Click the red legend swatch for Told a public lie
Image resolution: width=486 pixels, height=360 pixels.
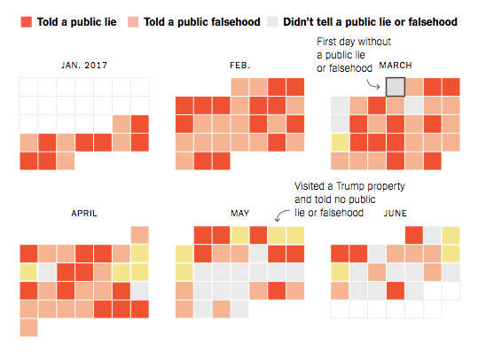tap(26, 21)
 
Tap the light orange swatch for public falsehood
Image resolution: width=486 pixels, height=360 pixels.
tap(134, 21)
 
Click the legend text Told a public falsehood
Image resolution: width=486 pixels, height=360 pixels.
tap(198, 21)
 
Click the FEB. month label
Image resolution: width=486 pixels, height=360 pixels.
tap(239, 66)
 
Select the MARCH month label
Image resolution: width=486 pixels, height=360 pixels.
tap(395, 66)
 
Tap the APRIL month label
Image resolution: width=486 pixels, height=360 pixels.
tap(84, 214)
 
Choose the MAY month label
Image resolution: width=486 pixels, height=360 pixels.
tap(239, 214)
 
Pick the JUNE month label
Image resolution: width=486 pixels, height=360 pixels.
tap(395, 214)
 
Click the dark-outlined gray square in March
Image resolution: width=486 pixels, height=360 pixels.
tap(395, 87)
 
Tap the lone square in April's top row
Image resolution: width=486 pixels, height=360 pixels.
tap(139, 234)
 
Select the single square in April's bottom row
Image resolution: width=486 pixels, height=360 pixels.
tap(28, 327)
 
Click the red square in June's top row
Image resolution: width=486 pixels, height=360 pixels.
tap(413, 234)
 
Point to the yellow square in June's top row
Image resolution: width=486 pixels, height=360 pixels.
tap(451, 234)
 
